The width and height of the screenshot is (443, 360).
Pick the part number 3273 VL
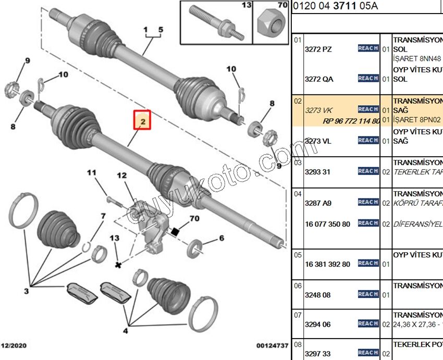click(318, 141)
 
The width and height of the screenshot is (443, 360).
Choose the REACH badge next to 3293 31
click(368, 171)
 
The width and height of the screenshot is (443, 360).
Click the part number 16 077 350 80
click(327, 224)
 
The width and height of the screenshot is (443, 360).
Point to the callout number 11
click(92, 173)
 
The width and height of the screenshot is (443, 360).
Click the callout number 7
click(103, 216)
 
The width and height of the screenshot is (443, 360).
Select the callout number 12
click(122, 176)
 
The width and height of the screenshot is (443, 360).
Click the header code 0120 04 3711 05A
click(336, 6)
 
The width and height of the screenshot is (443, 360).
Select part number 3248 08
click(318, 295)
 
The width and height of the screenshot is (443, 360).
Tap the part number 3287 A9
click(318, 203)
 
